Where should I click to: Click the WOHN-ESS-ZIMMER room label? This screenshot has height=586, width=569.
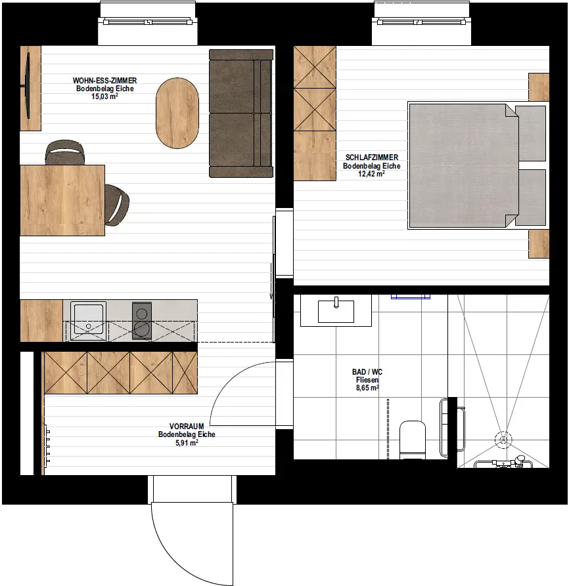(104, 81)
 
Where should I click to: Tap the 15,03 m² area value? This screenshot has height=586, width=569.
(104, 96)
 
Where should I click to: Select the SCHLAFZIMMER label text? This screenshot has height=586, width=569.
(371, 158)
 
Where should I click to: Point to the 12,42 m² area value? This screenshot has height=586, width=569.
(371, 174)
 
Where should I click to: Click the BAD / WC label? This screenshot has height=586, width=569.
(367, 372)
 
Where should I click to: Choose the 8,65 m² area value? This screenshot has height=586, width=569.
(367, 388)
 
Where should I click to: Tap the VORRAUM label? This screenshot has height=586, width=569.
(186, 426)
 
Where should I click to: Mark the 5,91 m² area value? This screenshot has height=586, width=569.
(186, 442)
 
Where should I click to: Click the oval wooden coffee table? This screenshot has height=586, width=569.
(177, 113)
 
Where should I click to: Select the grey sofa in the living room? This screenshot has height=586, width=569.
(240, 113)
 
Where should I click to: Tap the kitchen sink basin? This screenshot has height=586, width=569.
(87, 320)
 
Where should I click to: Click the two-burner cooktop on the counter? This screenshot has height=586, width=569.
(142, 320)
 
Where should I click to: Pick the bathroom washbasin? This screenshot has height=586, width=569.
(336, 311)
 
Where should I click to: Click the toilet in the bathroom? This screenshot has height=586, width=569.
(413, 438)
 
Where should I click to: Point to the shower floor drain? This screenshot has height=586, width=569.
(503, 438)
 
